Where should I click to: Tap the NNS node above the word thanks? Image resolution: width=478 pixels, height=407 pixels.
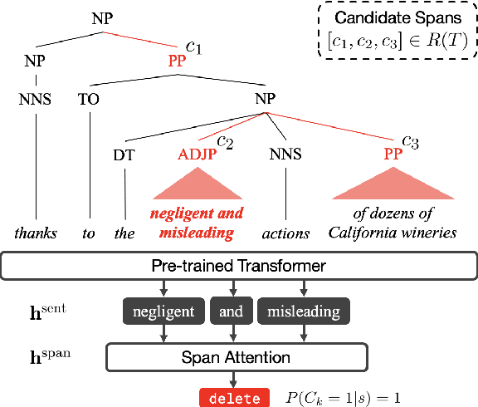point(36,101)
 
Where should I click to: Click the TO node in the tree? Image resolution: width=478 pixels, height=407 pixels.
point(89,101)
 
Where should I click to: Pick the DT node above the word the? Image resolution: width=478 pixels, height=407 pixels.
point(124,154)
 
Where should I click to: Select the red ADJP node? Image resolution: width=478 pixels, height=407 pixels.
point(195,154)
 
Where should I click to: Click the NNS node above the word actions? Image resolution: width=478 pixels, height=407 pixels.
point(285,154)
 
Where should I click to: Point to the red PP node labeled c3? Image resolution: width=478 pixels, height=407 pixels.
point(393,154)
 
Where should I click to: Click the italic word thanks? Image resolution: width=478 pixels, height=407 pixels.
point(37,233)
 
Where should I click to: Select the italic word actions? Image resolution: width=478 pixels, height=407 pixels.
point(286,233)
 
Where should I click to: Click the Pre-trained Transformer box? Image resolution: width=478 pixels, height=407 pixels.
point(239,267)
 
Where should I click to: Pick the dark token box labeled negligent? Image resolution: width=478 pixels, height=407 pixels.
point(164,311)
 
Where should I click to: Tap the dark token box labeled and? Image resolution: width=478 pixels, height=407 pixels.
point(231,311)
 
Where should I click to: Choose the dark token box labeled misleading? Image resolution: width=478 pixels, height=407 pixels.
point(303,311)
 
